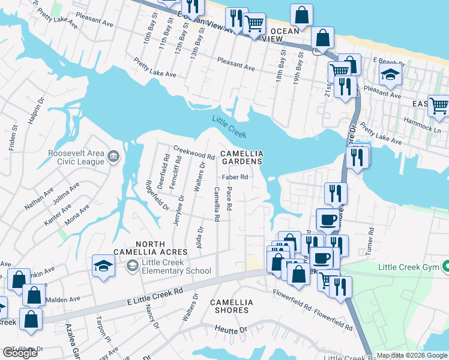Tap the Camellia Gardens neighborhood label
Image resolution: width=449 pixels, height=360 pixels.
pos(243,157)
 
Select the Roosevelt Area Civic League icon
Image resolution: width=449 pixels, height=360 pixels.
pos(113,157)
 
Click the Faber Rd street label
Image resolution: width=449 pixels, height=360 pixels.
pos(235,177)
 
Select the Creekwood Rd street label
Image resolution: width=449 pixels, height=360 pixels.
pos(194,152)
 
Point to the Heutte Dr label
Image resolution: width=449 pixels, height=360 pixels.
pos(231,330)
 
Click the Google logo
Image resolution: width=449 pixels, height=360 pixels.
pos(20,353)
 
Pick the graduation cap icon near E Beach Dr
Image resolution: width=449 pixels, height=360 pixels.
pos(390,75)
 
